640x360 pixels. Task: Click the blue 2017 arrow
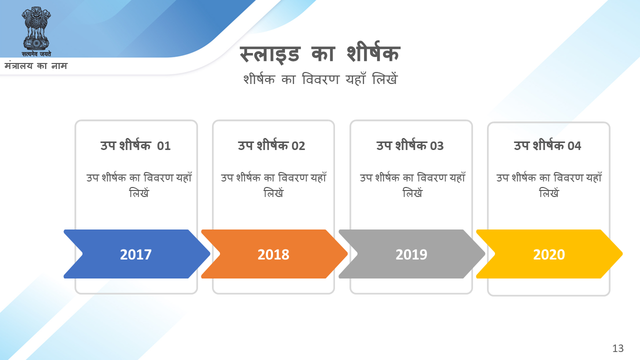click(x=136, y=254)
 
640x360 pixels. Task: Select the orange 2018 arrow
click(x=274, y=254)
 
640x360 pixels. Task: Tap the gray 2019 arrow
click(x=411, y=254)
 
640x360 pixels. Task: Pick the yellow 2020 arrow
click(x=549, y=254)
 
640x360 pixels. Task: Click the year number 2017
click(x=135, y=254)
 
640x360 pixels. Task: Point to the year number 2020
click(x=549, y=254)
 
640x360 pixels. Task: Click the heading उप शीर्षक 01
click(x=135, y=145)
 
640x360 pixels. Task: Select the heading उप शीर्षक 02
click(x=271, y=145)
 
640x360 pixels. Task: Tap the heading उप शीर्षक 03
click(x=410, y=145)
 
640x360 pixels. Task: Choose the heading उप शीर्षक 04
click(x=547, y=145)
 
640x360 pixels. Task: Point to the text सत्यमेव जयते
click(x=36, y=54)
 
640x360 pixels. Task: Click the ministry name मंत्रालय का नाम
click(x=36, y=66)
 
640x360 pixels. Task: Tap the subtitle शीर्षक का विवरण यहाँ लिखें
click(x=320, y=79)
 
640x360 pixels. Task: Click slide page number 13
click(x=618, y=348)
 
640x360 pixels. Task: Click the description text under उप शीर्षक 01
click(x=139, y=185)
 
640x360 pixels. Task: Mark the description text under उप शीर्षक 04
click(x=549, y=185)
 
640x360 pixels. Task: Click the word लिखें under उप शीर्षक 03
click(x=412, y=193)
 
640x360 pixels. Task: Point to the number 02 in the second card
click(x=298, y=146)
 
